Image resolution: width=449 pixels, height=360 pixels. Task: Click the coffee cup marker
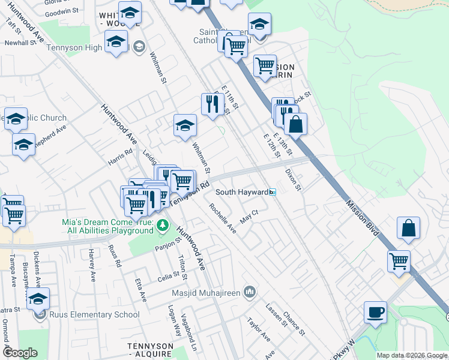(375, 313)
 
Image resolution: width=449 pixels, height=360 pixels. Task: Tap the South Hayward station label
(241, 192)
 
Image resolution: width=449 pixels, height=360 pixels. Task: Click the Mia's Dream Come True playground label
(107, 226)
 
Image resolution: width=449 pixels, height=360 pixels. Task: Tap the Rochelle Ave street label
(223, 218)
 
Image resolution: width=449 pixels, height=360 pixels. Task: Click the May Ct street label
(249, 216)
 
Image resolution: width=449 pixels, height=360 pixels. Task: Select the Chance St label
(294, 323)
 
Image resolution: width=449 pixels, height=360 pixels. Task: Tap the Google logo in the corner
(20, 353)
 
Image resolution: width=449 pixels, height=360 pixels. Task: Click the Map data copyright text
(412, 355)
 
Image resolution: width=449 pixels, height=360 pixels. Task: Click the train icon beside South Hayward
(273, 192)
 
